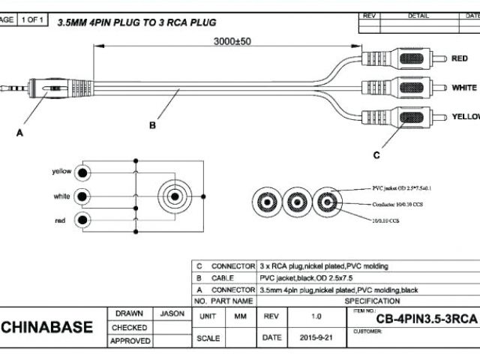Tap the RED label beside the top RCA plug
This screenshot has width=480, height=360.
[x=458, y=58]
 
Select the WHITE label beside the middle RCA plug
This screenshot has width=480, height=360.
[x=464, y=88]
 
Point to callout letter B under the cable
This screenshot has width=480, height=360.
[x=152, y=125]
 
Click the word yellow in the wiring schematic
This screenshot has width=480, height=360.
[x=61, y=171]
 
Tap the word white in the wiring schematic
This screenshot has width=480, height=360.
[x=62, y=196]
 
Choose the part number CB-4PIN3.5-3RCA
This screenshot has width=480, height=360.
[x=415, y=320]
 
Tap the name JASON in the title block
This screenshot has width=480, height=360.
[x=172, y=313]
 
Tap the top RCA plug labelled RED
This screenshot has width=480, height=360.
[x=397, y=58]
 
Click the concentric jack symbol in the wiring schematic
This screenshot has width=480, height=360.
[x=175, y=196]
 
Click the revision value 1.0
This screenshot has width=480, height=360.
[x=316, y=316]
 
